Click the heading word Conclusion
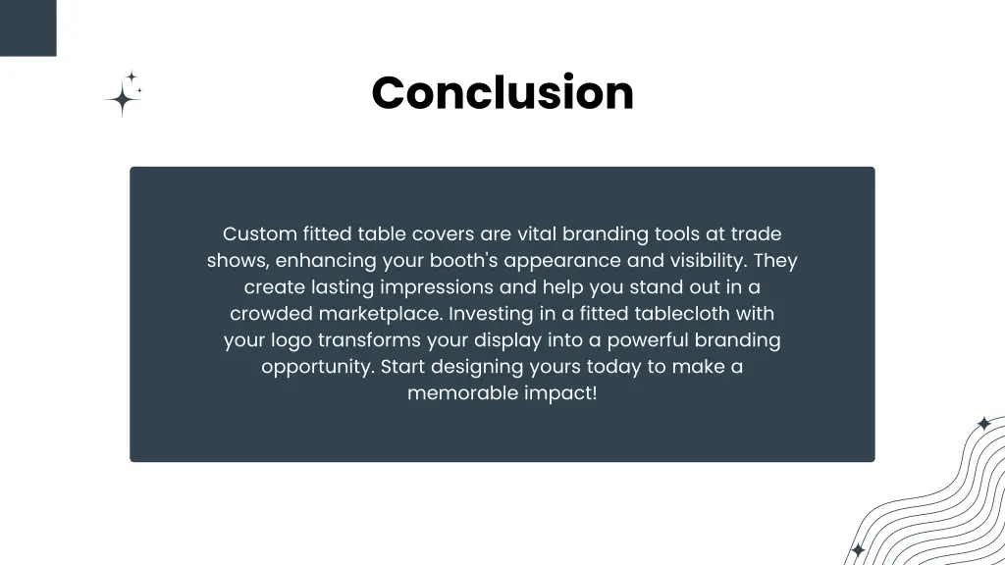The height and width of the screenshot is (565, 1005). (502, 93)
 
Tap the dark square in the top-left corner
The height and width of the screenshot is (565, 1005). (27, 27)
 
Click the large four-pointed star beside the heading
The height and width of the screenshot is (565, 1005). (122, 98)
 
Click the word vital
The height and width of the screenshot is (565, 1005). (535, 234)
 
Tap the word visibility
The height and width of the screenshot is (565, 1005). (705, 261)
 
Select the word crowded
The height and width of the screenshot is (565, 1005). (271, 314)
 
